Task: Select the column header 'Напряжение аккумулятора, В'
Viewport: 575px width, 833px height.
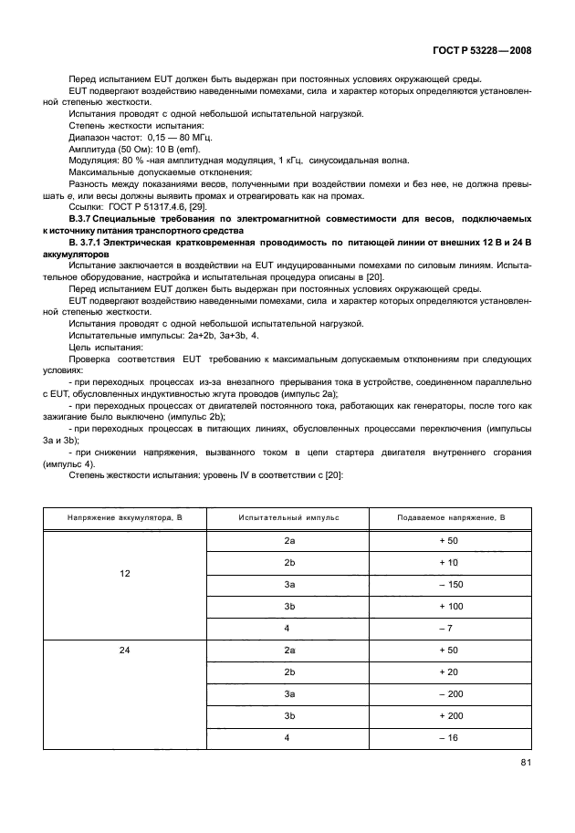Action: pos(125,517)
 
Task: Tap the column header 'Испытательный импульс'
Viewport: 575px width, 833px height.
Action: pos(288,517)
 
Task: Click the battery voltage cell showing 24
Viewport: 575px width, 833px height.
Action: pos(125,651)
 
